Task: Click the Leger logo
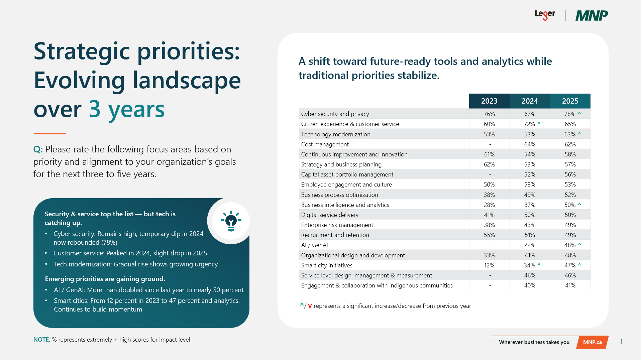[x=545, y=15]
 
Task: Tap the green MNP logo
[x=592, y=15]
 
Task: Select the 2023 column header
[x=489, y=101]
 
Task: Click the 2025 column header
[x=570, y=101]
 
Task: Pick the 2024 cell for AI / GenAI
[x=529, y=245]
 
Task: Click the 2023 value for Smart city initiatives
[x=489, y=265]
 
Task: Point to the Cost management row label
[x=325, y=144]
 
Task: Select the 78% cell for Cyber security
[x=570, y=114]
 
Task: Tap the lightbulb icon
[x=231, y=221]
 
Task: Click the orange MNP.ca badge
[x=592, y=342]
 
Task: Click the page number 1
[x=621, y=341]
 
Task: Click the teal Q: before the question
[x=38, y=149]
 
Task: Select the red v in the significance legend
[x=310, y=306]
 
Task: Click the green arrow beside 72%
[x=539, y=123]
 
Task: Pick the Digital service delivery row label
[x=330, y=215]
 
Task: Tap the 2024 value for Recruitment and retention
[x=529, y=235]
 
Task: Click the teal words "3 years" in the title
[x=127, y=109]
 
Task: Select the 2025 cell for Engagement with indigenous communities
[x=570, y=285]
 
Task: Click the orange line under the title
[x=50, y=134]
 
